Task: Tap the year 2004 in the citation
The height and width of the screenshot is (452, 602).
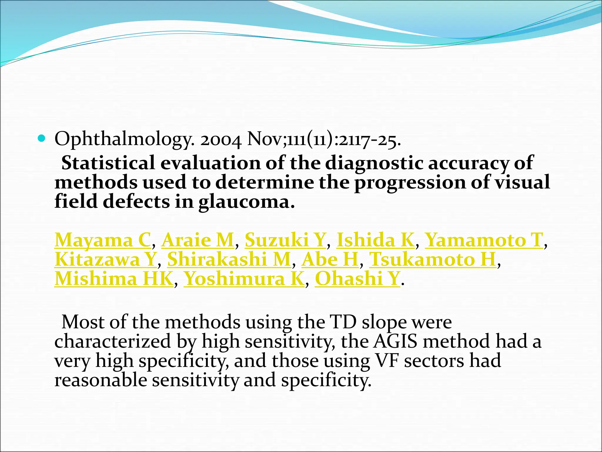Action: pyautogui.click(x=221, y=139)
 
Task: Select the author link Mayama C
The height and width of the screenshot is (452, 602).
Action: pyautogui.click(x=103, y=240)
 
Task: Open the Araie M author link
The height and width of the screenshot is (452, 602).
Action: pyautogui.click(x=198, y=240)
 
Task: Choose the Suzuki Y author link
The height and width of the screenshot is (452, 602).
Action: pyautogui.click(x=285, y=240)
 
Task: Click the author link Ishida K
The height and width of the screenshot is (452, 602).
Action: pyautogui.click(x=375, y=240)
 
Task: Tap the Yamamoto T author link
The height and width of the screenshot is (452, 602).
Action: pyautogui.click(x=484, y=240)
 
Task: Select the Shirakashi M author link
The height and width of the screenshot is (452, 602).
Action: pyautogui.click(x=229, y=260)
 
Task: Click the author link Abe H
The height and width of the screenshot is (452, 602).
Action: pyautogui.click(x=330, y=260)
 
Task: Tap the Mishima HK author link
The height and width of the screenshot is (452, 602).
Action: pyautogui.click(x=114, y=279)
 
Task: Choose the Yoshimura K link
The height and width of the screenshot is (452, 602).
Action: pyautogui.click(x=244, y=279)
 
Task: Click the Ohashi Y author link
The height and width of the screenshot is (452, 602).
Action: pyautogui.click(x=357, y=279)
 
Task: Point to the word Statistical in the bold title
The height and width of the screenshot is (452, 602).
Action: pyautogui.click(x=108, y=163)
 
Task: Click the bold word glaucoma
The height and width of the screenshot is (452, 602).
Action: pyautogui.click(x=246, y=202)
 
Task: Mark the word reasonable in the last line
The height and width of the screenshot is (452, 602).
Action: pyautogui.click(x=101, y=380)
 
